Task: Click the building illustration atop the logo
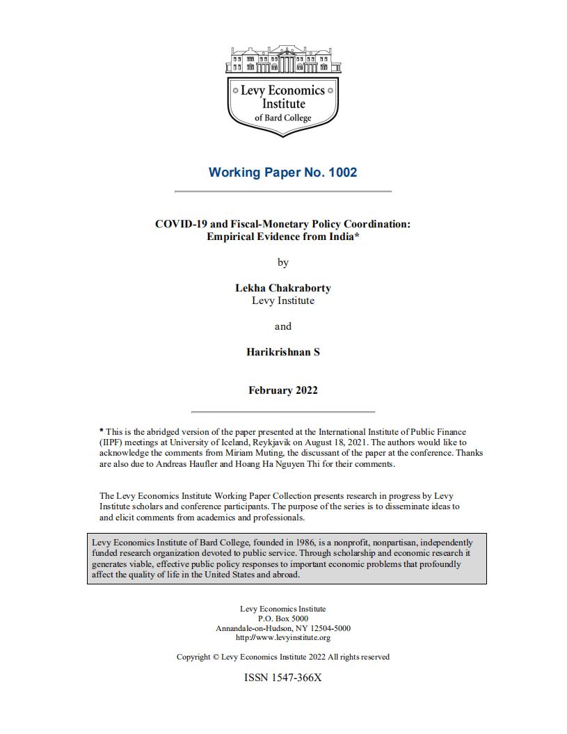click(x=283, y=61)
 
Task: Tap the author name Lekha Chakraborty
click(x=283, y=289)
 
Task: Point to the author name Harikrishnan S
click(x=283, y=352)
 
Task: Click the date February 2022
click(x=283, y=390)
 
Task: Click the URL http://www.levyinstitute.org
click(x=283, y=637)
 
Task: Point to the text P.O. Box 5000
click(x=283, y=619)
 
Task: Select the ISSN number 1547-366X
click(x=298, y=677)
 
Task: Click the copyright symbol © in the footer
click(x=216, y=657)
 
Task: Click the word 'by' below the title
click(x=283, y=263)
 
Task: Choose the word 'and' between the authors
click(x=283, y=326)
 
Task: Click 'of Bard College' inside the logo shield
click(x=282, y=118)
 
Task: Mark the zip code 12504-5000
click(x=326, y=628)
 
